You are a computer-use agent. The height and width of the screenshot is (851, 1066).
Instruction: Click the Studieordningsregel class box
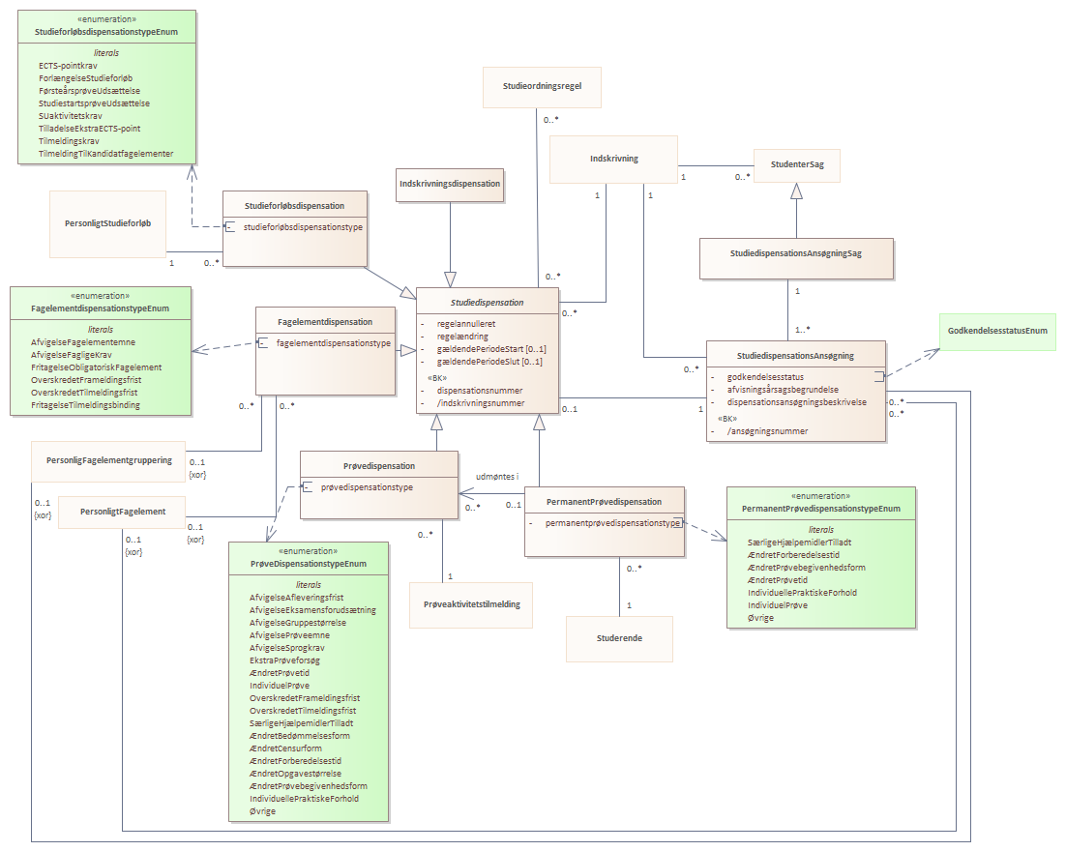[x=542, y=87]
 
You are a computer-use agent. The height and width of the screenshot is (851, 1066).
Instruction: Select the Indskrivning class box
[x=613, y=159]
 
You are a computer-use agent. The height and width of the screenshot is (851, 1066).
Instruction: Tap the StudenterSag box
[x=797, y=164]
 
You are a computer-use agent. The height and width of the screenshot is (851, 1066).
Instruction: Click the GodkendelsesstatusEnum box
[x=997, y=332]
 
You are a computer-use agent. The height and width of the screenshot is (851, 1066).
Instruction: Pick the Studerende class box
[x=619, y=638]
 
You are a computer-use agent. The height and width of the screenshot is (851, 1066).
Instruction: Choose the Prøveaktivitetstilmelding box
[x=471, y=604]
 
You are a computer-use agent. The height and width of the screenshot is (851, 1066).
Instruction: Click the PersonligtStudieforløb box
[x=107, y=223]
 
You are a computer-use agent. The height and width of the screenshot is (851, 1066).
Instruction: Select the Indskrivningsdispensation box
[x=450, y=184]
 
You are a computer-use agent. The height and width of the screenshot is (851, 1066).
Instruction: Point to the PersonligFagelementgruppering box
[x=108, y=461]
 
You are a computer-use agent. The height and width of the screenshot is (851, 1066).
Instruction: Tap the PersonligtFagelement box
[x=123, y=512]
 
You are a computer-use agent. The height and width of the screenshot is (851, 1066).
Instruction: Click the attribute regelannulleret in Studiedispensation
[x=466, y=324]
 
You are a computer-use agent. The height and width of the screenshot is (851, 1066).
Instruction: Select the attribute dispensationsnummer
[x=480, y=391]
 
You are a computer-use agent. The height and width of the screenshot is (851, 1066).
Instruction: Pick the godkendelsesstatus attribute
[x=765, y=377]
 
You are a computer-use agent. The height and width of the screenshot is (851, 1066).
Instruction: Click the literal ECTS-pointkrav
[x=68, y=66]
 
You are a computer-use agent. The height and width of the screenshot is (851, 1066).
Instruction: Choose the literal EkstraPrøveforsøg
[x=284, y=660]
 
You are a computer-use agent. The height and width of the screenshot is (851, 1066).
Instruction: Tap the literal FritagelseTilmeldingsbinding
[x=86, y=405]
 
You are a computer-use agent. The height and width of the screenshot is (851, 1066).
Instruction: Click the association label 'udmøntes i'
[x=497, y=477]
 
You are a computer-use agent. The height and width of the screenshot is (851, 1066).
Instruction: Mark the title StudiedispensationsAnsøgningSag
[x=796, y=253]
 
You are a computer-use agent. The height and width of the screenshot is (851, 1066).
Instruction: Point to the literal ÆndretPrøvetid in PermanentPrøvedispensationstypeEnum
[x=778, y=580]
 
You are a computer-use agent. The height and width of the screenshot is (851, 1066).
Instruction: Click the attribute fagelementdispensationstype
[x=334, y=344]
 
